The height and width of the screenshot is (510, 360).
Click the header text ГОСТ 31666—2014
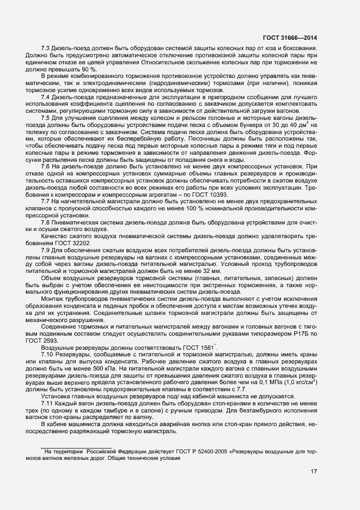[290, 38]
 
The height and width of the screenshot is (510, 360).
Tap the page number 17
[314, 471]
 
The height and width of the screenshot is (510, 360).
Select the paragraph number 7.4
[46, 96]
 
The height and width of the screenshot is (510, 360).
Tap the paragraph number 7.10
[47, 354]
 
